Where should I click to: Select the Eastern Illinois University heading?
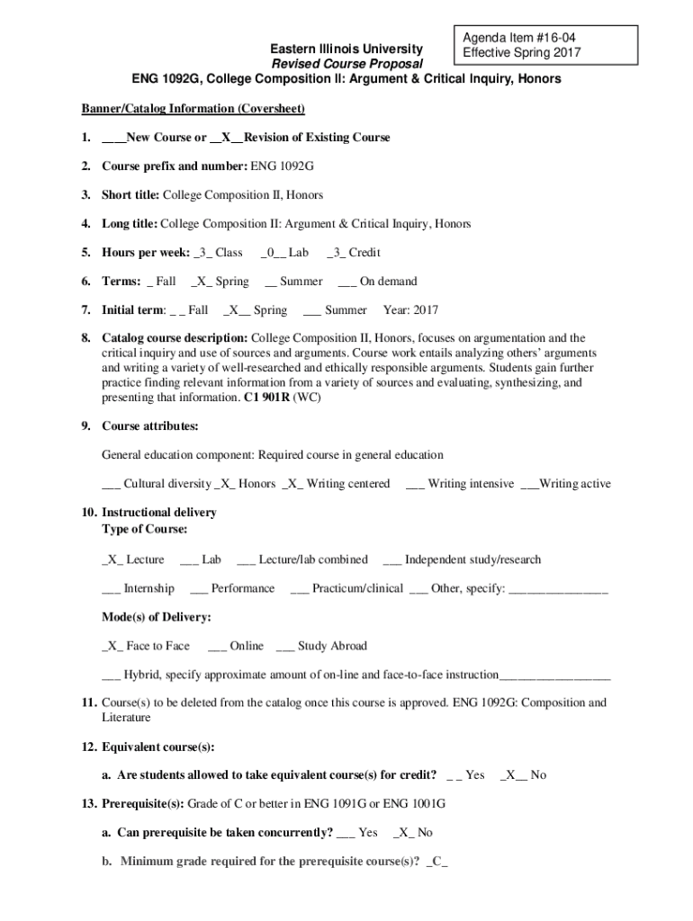coord(346,48)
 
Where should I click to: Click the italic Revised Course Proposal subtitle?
coord(346,64)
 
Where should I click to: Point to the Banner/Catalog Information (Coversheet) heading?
coord(193,109)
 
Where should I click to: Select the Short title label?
coord(130,195)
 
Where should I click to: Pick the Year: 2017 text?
coord(410,310)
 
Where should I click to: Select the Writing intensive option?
coord(460,484)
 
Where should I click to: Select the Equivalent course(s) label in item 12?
coord(157,747)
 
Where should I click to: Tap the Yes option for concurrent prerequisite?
coord(356,833)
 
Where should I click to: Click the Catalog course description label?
coord(175,339)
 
